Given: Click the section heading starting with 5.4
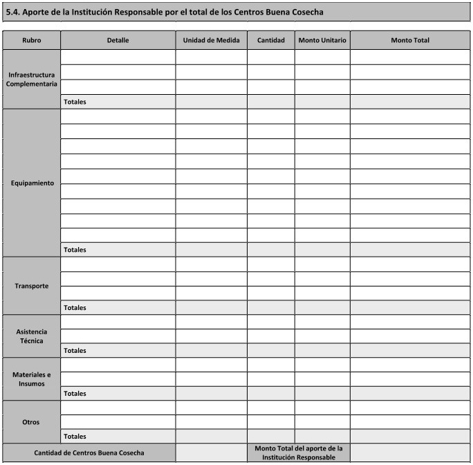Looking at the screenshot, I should click(x=164, y=12).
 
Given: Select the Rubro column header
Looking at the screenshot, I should click(x=31, y=40).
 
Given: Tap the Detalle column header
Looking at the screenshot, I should click(x=118, y=40).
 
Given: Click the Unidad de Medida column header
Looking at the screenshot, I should click(x=211, y=40).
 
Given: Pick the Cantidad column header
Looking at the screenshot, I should click(x=270, y=40).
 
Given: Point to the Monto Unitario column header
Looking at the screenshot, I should click(x=322, y=40).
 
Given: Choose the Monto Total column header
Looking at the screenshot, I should click(x=409, y=40).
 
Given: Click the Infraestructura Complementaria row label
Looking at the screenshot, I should click(x=31, y=79).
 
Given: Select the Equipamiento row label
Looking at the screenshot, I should click(x=32, y=183).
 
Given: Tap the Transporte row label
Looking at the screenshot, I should click(x=32, y=286).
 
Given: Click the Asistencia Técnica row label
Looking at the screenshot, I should click(x=32, y=336).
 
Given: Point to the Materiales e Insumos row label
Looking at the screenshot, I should click(x=32, y=379).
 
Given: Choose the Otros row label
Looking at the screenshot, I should click(x=32, y=422).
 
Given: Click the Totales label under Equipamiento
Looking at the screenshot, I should click(x=75, y=250).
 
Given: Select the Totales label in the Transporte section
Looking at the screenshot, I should click(x=75, y=308).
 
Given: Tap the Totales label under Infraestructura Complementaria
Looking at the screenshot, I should click(x=75, y=102).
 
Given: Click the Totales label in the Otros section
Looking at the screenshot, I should click(x=75, y=437).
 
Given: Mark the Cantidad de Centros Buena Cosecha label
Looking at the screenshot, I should click(x=89, y=453).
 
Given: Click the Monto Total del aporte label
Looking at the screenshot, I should click(x=298, y=453).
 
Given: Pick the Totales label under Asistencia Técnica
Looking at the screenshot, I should click(x=75, y=351).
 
